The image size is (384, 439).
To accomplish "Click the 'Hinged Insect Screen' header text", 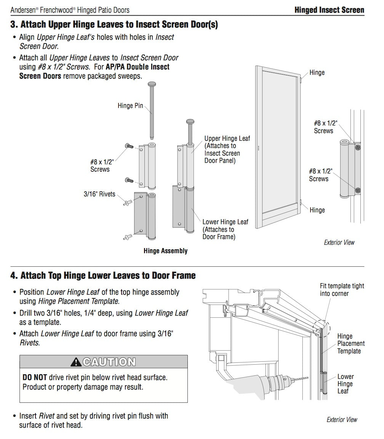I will click(329, 10).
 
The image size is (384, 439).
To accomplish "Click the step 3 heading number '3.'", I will click(14, 25).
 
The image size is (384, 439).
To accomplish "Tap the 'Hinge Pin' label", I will click(130, 106).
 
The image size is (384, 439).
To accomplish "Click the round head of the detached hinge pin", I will click(152, 84).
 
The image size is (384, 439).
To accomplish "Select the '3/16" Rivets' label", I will click(99, 194).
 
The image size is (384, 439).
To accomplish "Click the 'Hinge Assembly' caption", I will click(165, 251).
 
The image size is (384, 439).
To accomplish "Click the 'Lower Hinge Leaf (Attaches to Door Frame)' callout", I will click(225, 229).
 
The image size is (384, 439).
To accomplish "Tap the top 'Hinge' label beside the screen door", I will click(317, 72).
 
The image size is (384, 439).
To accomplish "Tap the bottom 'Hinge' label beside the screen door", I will click(317, 210).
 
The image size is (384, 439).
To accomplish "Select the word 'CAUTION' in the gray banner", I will click(109, 362).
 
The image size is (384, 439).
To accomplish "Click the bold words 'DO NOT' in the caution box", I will click(35, 377).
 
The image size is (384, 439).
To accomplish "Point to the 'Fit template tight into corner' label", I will click(342, 290).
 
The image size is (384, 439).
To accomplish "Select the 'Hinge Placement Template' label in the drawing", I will click(350, 343).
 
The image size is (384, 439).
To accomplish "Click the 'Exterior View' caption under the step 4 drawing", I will click(342, 420).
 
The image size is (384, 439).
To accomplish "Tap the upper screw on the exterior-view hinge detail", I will click(357, 146).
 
